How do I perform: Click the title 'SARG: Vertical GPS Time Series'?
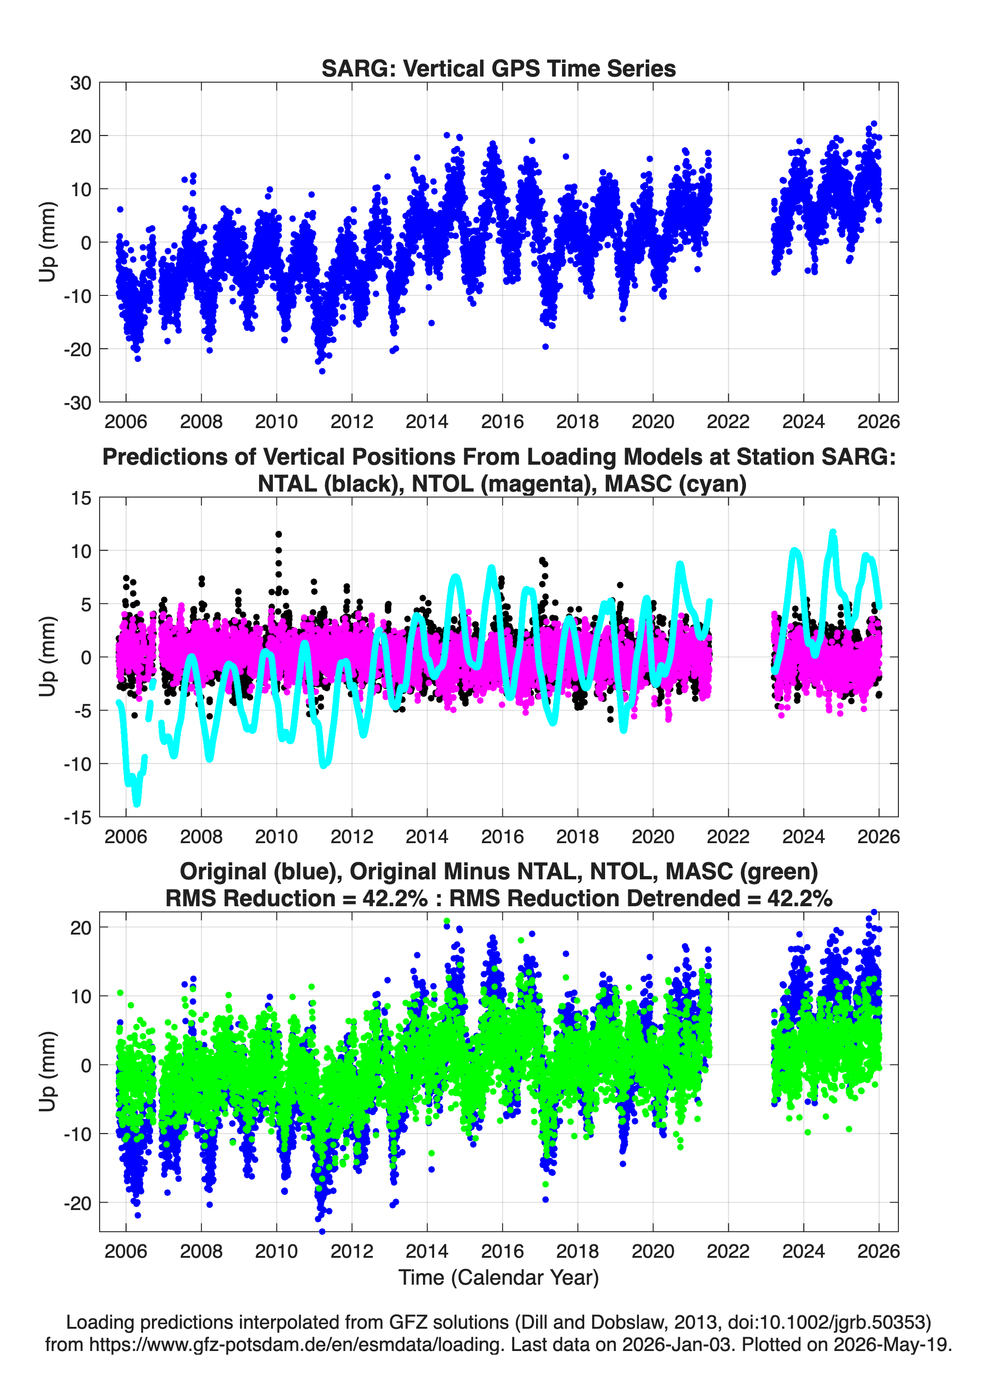pyautogui.click(x=499, y=68)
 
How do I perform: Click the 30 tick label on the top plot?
pyautogui.click(x=81, y=83)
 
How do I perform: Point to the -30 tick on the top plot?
pyautogui.click(x=77, y=403)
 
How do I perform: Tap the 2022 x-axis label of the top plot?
pyautogui.click(x=728, y=422)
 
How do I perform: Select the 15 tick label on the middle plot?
pyautogui.click(x=81, y=498)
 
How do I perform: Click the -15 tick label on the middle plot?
pyautogui.click(x=77, y=817)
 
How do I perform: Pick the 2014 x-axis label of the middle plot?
pyautogui.click(x=427, y=836)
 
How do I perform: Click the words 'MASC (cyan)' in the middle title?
pyautogui.click(x=675, y=484)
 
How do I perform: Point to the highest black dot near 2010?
pyautogui.click(x=278, y=534)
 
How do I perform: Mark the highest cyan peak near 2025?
pyautogui.click(x=833, y=533)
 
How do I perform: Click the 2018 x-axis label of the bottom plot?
pyautogui.click(x=578, y=1251)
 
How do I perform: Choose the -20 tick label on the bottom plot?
pyautogui.click(x=77, y=1204)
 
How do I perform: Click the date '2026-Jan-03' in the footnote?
pyautogui.click(x=676, y=1344)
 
